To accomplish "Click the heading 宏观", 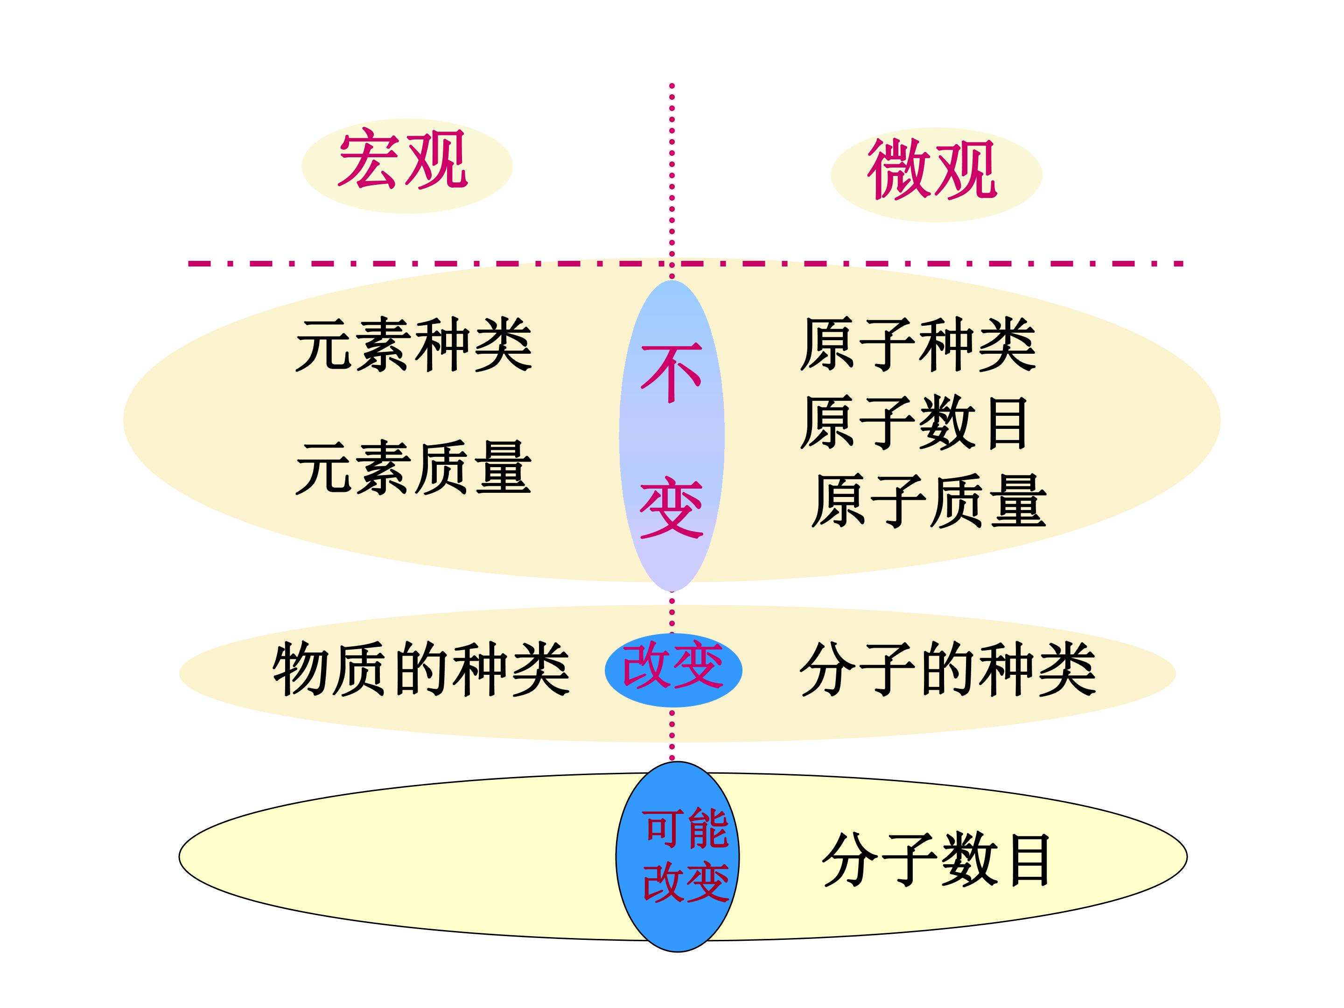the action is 403,159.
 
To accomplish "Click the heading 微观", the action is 932,169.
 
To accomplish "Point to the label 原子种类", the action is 918,344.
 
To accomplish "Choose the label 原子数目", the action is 914,423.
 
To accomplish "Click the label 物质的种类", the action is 421,670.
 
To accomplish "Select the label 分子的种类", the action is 948,670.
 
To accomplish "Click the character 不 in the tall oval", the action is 672,373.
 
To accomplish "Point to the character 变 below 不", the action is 672,508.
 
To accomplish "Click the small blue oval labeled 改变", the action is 673,670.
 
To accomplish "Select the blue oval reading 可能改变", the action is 678,857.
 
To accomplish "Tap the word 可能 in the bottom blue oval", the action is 686,829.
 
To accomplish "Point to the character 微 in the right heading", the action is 899,169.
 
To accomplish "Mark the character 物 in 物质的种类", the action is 301,670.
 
